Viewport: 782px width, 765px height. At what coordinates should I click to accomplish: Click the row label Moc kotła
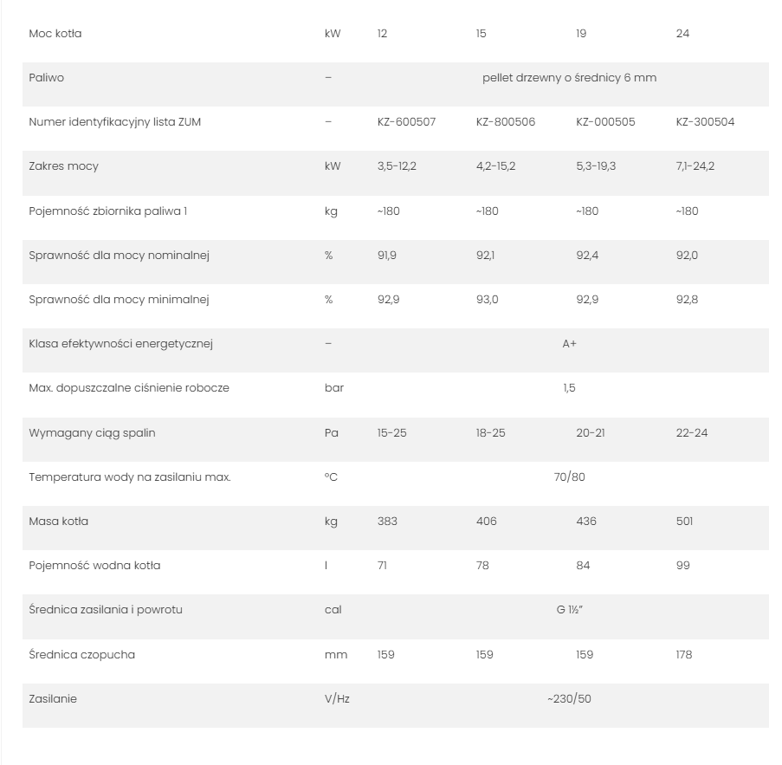(x=55, y=34)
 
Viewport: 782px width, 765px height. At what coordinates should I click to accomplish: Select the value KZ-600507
(x=406, y=122)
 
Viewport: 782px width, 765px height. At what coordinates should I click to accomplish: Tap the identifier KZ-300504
(x=705, y=122)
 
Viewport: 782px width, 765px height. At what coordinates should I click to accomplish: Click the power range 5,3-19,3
(x=596, y=166)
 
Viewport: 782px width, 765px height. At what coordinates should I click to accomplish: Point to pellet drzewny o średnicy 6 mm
(x=569, y=78)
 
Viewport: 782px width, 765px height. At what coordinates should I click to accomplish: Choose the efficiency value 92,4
(x=588, y=256)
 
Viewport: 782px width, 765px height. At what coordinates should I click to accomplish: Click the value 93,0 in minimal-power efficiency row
(x=488, y=300)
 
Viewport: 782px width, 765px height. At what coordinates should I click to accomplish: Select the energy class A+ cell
(x=569, y=344)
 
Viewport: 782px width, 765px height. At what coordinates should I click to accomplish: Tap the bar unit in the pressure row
(x=334, y=388)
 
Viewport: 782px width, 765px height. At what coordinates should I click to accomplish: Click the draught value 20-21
(x=591, y=432)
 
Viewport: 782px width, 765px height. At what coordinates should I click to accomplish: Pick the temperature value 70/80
(x=569, y=477)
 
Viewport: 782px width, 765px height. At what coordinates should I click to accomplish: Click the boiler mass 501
(x=684, y=522)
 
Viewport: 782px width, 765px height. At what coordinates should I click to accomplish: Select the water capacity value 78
(x=482, y=566)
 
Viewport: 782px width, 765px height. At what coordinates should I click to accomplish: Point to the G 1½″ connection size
(x=569, y=610)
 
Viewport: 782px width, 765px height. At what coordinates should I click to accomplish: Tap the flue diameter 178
(x=684, y=655)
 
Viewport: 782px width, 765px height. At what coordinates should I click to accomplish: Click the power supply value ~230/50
(x=569, y=699)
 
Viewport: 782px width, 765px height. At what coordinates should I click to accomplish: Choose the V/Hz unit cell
(x=337, y=699)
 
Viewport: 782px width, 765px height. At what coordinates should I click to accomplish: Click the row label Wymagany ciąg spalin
(x=92, y=432)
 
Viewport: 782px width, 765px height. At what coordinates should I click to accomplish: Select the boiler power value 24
(x=682, y=34)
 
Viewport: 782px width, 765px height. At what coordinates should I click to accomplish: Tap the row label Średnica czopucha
(x=81, y=655)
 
